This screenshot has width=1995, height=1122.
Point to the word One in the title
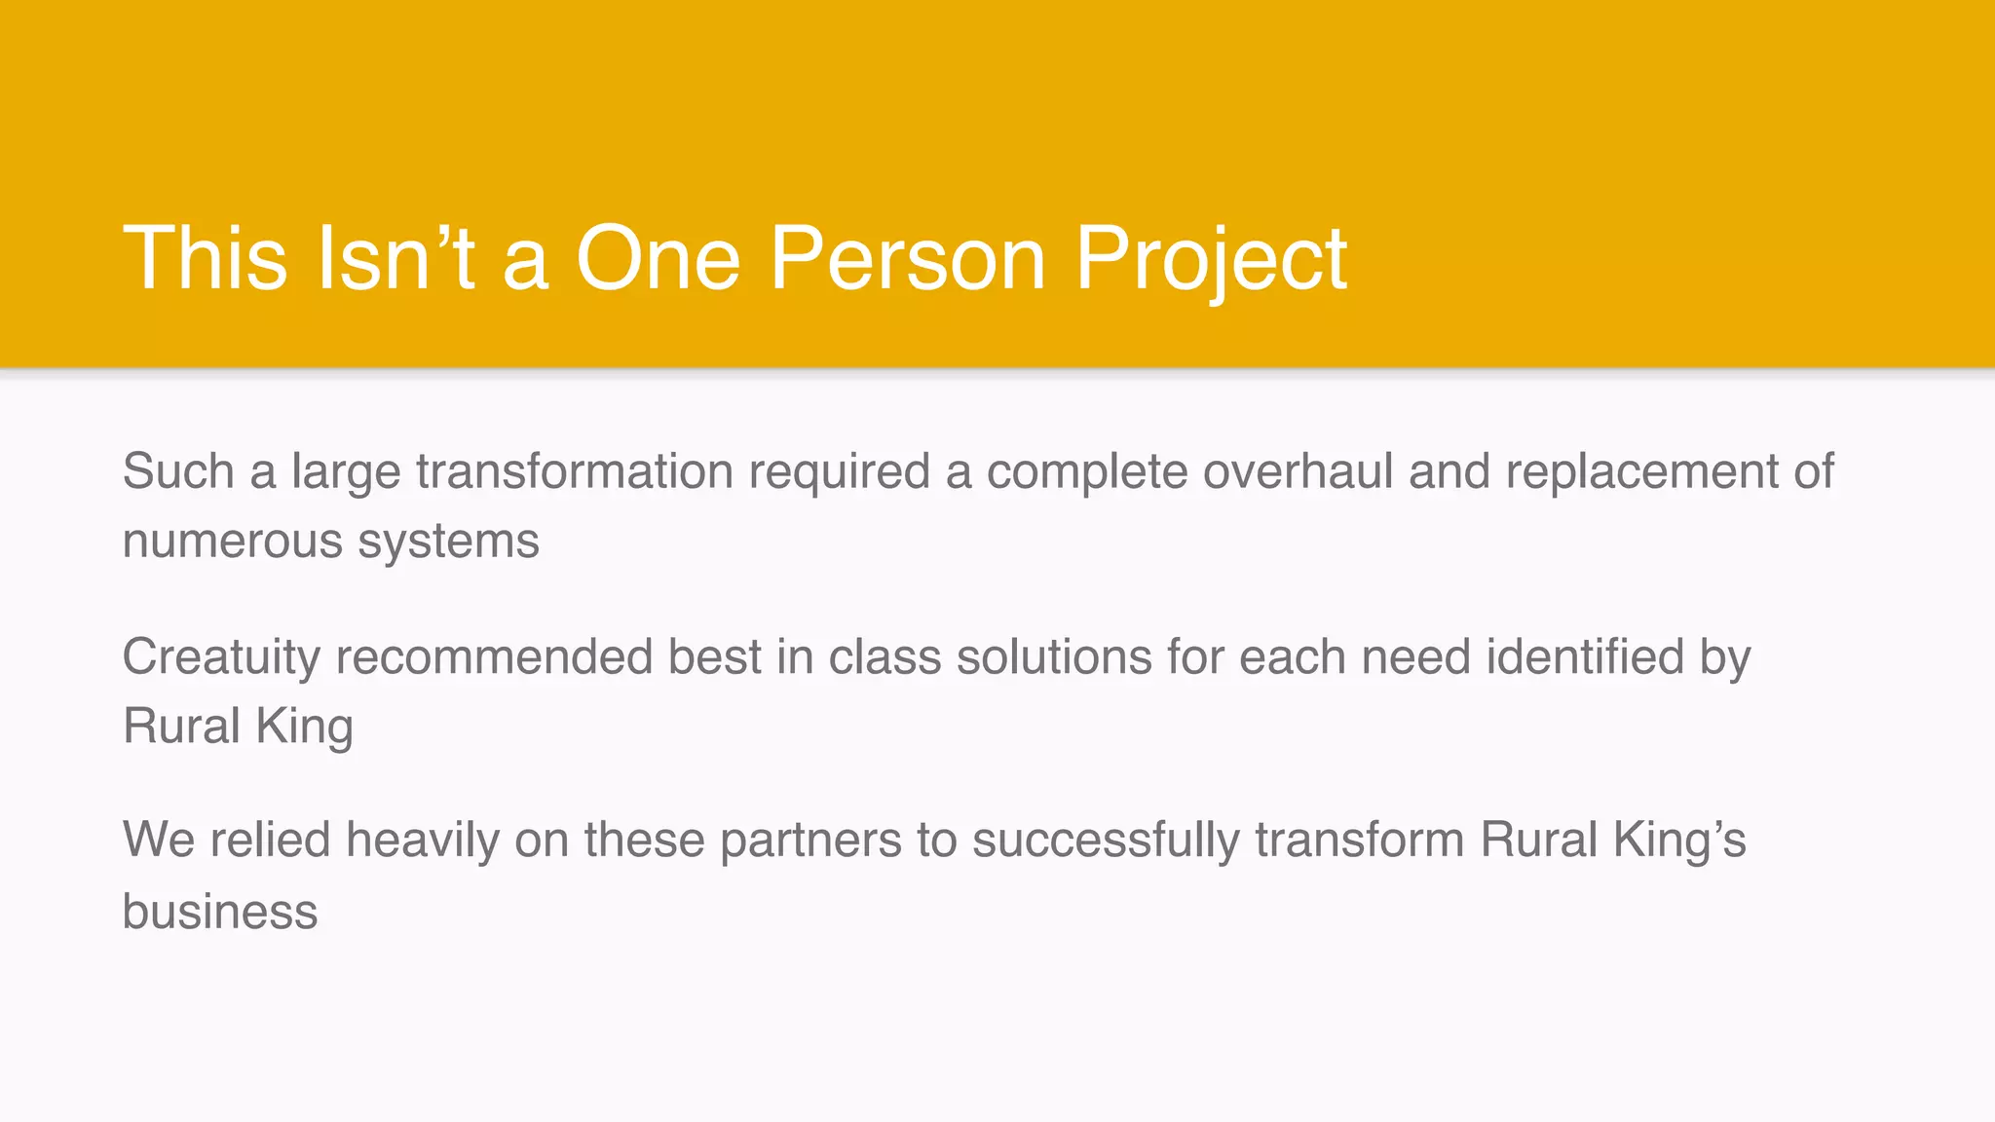click(659, 258)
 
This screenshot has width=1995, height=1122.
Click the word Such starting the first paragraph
click(178, 471)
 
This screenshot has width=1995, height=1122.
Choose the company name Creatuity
click(221, 657)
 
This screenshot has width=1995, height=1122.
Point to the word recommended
click(494, 656)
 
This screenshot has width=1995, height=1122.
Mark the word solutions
click(1054, 656)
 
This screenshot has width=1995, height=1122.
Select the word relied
click(270, 840)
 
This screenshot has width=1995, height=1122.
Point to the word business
click(220, 913)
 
